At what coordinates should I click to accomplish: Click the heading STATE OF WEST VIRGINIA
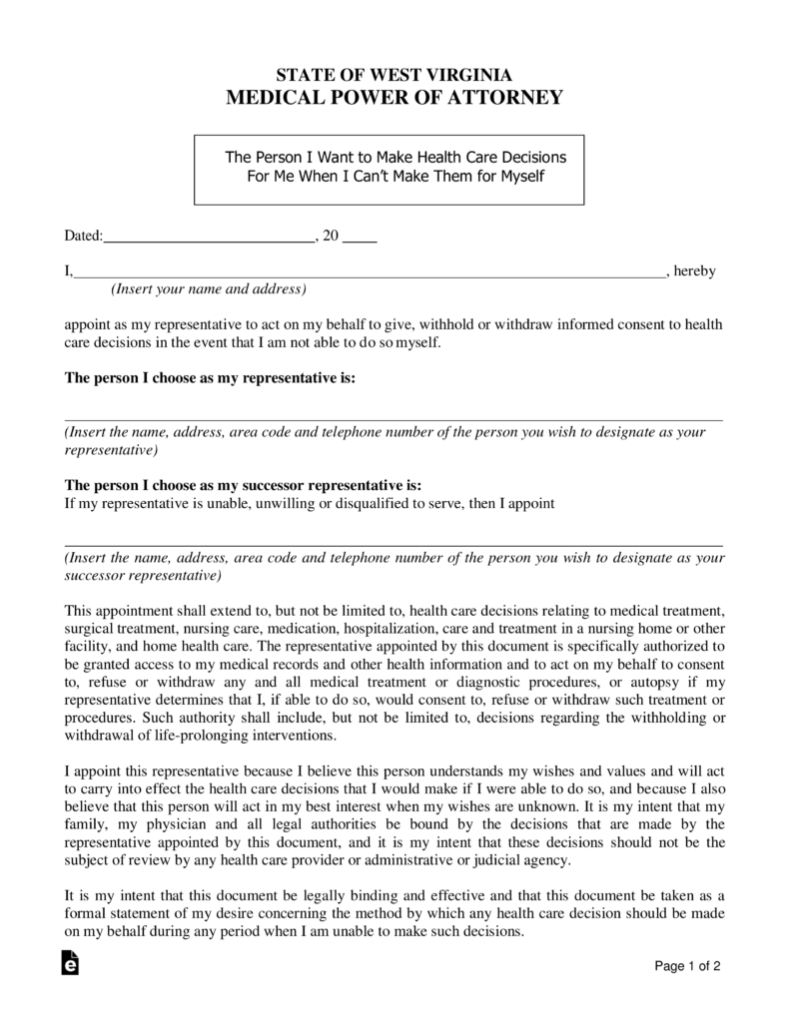pos(394,75)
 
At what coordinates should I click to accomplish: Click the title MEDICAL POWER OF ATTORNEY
pos(394,98)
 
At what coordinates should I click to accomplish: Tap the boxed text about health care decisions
pos(395,167)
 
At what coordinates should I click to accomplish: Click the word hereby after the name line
pos(696,270)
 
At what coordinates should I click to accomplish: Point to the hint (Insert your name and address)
pos(208,289)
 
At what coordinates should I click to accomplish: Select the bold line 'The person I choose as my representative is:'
pos(210,379)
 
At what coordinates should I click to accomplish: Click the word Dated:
pos(84,237)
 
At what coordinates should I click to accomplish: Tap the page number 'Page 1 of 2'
pos(688,966)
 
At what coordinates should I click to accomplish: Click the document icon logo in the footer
pos(70,963)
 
